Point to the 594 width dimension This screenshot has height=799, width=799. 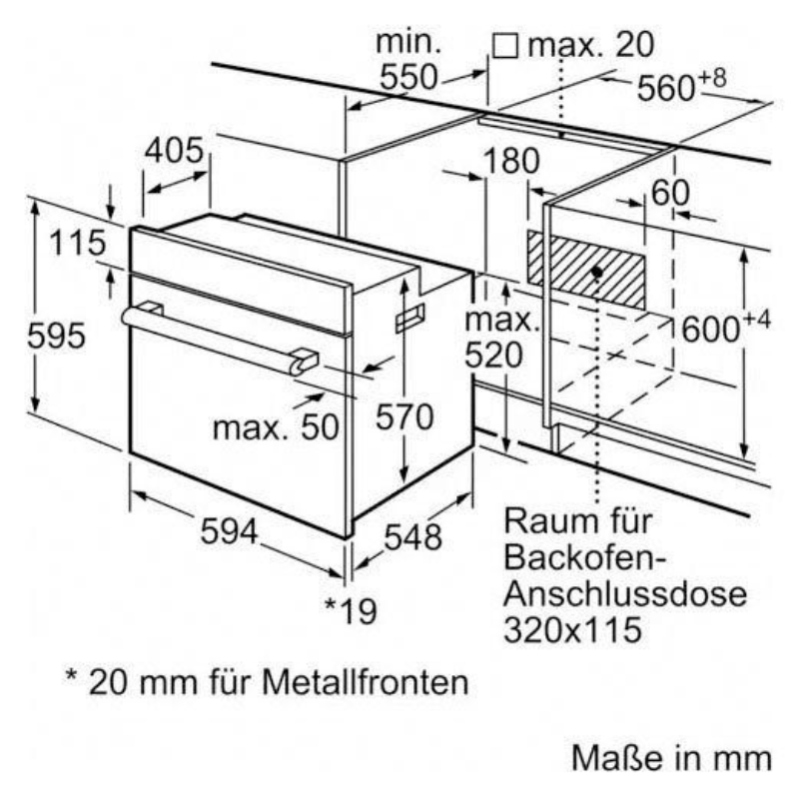pyautogui.click(x=229, y=532)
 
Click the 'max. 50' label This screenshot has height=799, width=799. pyautogui.click(x=276, y=426)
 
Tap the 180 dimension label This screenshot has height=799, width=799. pyautogui.click(x=506, y=161)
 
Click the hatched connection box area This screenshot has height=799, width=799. pyautogui.click(x=584, y=268)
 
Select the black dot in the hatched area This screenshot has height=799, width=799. pyautogui.click(x=596, y=271)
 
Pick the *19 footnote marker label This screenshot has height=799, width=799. pyautogui.click(x=351, y=609)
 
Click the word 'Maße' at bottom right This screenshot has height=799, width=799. pyautogui.click(x=609, y=758)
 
